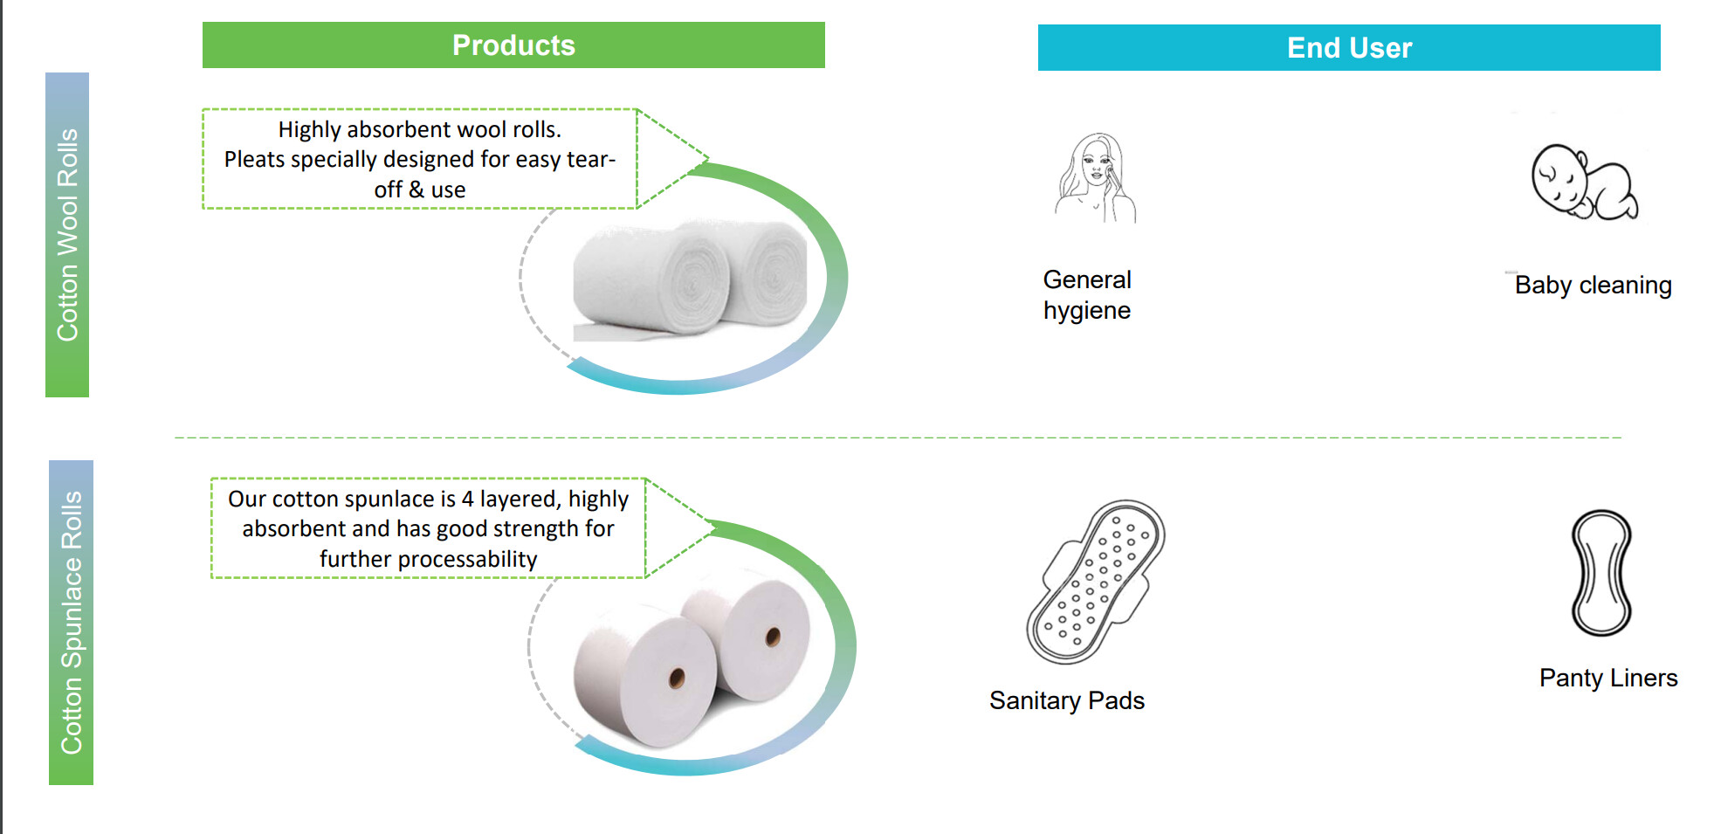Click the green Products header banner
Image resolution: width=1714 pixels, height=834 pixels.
point(513,45)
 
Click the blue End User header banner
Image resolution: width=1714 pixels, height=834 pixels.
point(1349,48)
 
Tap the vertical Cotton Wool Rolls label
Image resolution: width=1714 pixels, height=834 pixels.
point(67,235)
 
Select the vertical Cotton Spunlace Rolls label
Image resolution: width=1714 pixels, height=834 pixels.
point(71,623)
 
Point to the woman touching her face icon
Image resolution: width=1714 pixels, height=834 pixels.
point(1096,178)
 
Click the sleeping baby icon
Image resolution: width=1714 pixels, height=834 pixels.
point(1584,183)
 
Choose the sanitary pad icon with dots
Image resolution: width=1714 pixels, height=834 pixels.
point(1096,582)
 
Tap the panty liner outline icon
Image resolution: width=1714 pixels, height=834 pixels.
point(1601,573)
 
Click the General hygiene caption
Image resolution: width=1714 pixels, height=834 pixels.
point(1087,295)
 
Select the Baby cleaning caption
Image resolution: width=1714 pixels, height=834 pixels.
point(1594,285)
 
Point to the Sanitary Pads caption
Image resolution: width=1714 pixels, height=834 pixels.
point(1067,700)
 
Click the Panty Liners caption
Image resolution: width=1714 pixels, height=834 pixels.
point(1608,678)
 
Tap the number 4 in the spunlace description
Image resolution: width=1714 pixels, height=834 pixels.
point(468,499)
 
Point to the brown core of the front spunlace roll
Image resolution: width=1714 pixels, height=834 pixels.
point(677,679)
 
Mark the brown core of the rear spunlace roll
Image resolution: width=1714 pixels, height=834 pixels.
point(773,637)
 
